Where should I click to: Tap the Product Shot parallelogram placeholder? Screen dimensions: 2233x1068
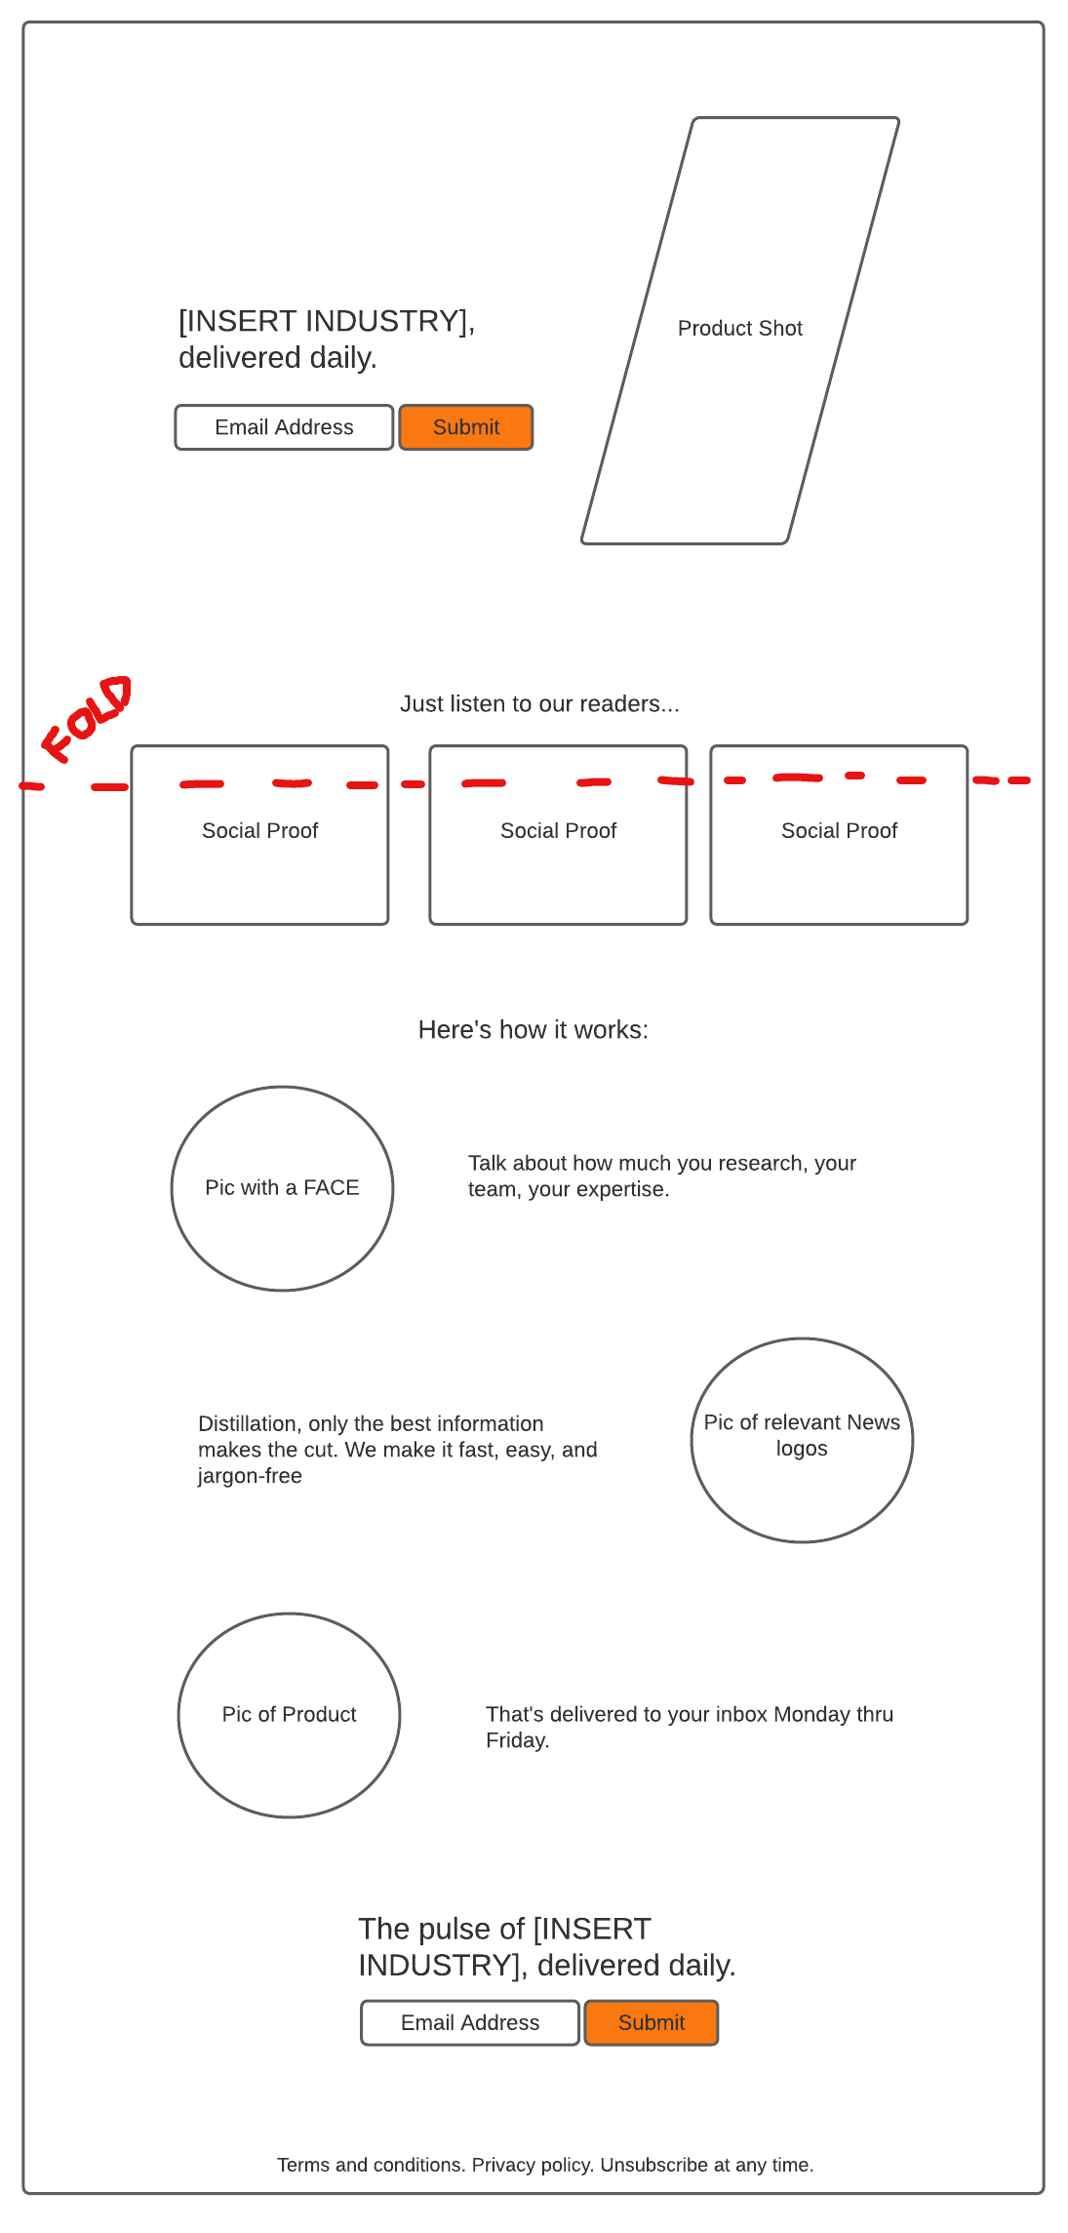point(740,330)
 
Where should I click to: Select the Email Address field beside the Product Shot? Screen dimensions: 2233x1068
point(284,427)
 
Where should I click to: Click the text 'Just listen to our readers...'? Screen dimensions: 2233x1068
point(539,704)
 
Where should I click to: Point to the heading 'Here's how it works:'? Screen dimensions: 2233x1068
point(533,1030)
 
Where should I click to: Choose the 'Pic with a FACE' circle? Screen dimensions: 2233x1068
point(282,1188)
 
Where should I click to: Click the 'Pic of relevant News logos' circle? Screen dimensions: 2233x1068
point(802,1440)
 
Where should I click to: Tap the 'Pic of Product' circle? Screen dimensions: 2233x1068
point(289,1715)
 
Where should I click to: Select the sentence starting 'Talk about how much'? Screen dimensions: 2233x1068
point(661,1176)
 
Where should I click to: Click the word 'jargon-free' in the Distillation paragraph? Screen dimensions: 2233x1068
point(250,1476)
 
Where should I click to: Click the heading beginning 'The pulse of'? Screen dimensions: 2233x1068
point(546,1946)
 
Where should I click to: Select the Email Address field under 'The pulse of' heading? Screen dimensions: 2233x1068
point(469,2022)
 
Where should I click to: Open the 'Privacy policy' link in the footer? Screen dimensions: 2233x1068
point(533,2165)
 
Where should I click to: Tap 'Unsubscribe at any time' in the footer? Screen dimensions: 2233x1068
point(706,2165)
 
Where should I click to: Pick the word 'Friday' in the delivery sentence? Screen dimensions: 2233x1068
point(516,1740)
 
